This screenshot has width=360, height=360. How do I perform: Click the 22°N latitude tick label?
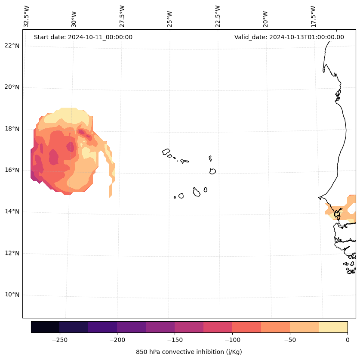(x=12, y=46)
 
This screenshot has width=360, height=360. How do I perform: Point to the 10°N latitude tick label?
(x=12, y=295)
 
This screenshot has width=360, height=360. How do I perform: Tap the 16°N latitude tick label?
(x=12, y=170)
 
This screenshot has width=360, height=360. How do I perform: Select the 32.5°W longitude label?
(x=27, y=16)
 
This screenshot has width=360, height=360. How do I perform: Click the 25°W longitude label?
(x=170, y=18)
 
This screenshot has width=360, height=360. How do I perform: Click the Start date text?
(x=83, y=37)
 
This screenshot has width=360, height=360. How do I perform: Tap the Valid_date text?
(x=289, y=37)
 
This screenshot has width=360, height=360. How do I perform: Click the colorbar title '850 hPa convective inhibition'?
(x=189, y=352)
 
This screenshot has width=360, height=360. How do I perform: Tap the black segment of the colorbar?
(x=45, y=327)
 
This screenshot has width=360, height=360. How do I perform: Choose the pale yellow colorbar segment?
(x=333, y=327)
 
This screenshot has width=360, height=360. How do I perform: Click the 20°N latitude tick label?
(x=12, y=87)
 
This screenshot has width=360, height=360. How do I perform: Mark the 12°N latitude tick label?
(x=12, y=253)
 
